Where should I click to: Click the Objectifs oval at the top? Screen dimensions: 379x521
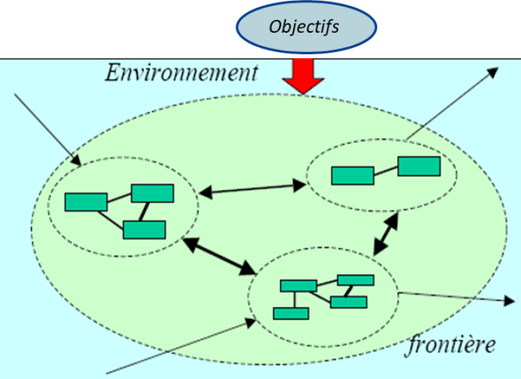(x=305, y=28)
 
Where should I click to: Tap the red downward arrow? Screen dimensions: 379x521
(x=302, y=77)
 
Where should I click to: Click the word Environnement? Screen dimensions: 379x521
(x=181, y=73)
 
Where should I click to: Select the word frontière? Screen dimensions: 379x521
(x=451, y=346)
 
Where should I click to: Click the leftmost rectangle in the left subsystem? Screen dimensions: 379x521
(x=86, y=202)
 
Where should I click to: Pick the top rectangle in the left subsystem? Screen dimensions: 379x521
(x=152, y=193)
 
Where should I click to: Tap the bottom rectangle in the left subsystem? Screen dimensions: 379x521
(x=144, y=230)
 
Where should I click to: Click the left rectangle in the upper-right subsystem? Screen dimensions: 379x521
(x=352, y=175)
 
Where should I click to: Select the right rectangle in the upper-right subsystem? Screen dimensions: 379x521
(x=419, y=166)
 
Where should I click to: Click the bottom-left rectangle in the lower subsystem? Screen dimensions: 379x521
(x=291, y=313)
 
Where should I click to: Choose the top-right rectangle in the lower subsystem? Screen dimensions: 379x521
(x=355, y=279)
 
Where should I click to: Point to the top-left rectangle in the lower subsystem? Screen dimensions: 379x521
(x=298, y=286)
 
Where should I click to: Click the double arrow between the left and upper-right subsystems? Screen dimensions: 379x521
(x=252, y=188)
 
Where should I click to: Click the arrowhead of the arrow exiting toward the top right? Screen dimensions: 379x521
(x=494, y=72)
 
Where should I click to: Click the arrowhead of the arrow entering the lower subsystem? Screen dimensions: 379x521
(x=250, y=321)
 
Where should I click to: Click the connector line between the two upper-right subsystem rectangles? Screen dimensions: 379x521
(x=386, y=171)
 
